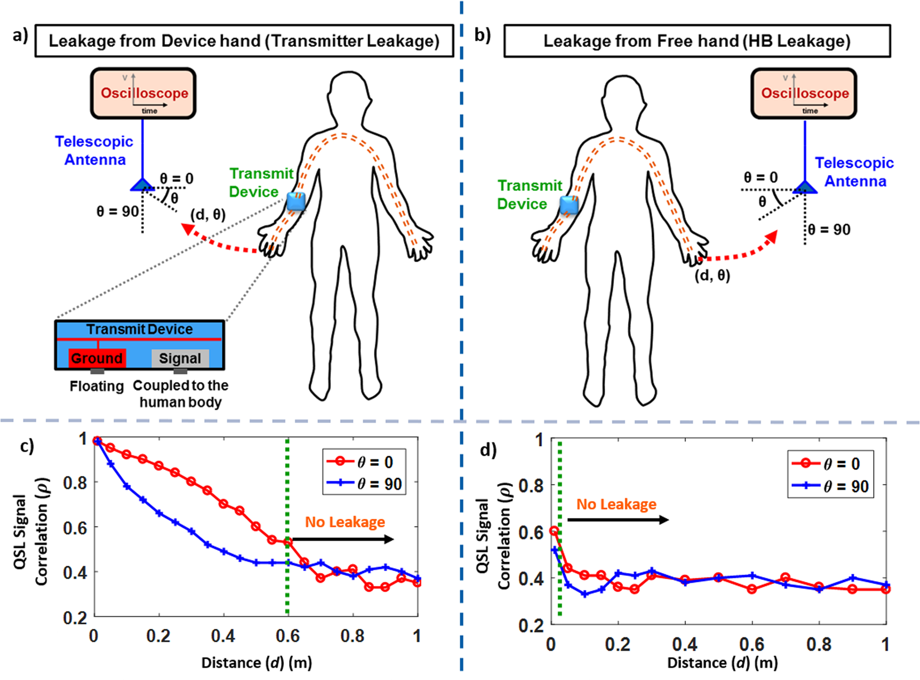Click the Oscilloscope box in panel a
tap(143, 93)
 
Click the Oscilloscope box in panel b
tap(804, 93)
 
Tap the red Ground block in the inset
tap(97, 358)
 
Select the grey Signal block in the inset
tap(180, 358)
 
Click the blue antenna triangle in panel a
tap(142, 185)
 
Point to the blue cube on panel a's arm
tap(296, 201)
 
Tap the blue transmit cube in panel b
tap(569, 205)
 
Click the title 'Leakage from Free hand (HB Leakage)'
tap(697, 41)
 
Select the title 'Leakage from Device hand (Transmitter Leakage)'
tap(244, 41)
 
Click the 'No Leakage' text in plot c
tap(345, 522)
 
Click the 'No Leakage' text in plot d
tap(616, 504)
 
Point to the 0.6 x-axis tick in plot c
tap(287, 636)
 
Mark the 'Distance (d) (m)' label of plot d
tap(722, 663)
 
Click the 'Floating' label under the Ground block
tap(97, 386)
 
